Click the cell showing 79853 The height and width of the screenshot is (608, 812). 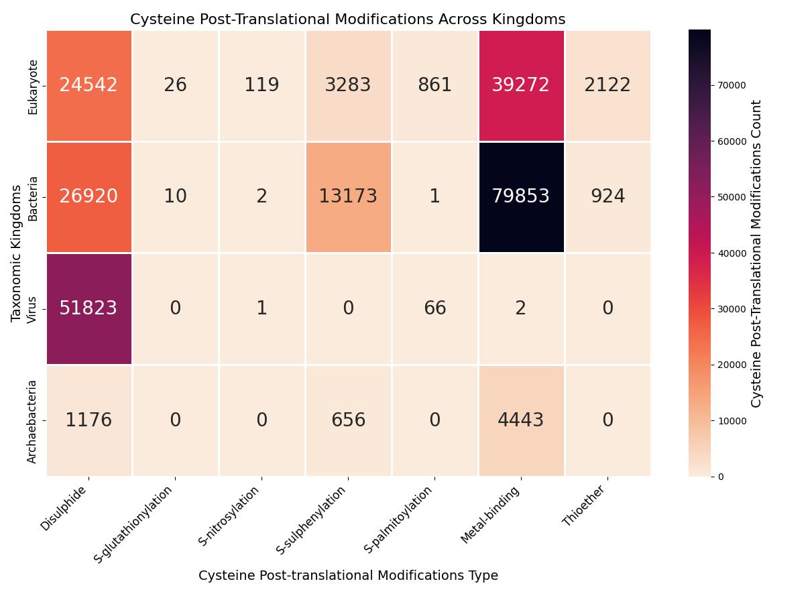(x=521, y=196)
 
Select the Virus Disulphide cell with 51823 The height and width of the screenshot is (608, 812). (x=89, y=308)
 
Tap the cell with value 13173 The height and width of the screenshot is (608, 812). (x=348, y=196)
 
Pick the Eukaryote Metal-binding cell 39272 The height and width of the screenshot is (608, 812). (x=521, y=85)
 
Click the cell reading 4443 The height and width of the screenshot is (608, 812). (x=521, y=420)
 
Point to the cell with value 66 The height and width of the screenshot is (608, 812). (x=434, y=308)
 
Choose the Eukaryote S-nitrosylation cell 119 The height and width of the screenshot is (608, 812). (x=262, y=85)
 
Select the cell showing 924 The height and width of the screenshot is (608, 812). (x=607, y=196)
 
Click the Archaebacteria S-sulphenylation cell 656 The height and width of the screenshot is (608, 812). (x=348, y=420)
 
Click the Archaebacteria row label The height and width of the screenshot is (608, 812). (x=32, y=422)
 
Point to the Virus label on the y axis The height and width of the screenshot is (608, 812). (x=32, y=309)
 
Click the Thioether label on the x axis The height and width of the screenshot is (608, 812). (x=583, y=506)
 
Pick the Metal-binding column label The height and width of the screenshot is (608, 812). (x=489, y=515)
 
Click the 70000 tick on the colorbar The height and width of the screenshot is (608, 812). (x=731, y=85)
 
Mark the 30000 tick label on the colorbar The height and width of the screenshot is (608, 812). (x=731, y=309)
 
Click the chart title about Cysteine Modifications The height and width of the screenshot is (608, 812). (x=347, y=19)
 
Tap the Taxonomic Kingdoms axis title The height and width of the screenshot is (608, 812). (x=17, y=253)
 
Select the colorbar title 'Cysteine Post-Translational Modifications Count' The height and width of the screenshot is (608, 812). (x=756, y=253)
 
